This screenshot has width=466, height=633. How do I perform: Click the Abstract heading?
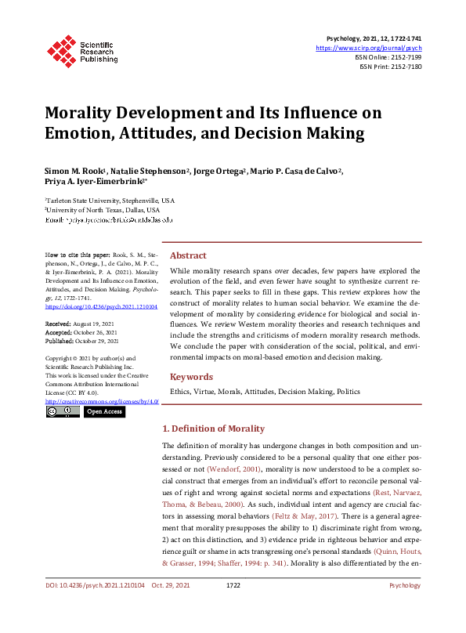click(188, 255)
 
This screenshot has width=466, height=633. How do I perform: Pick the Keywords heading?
click(191, 377)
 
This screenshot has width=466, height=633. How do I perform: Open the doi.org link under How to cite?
click(101, 307)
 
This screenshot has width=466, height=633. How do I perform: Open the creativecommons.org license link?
click(102, 400)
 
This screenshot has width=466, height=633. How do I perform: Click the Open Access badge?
click(104, 411)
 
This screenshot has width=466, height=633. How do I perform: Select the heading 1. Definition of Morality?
click(212, 429)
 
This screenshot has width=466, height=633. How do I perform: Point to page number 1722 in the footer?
click(233, 607)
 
